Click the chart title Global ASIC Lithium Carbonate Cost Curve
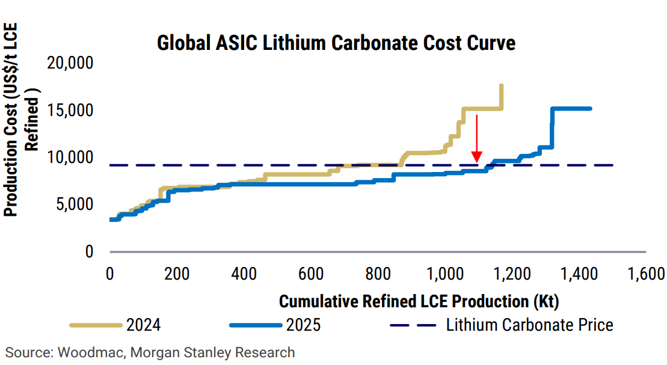(x=336, y=43)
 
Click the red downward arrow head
(x=477, y=158)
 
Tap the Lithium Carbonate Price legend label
(x=529, y=325)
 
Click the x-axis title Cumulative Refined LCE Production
(x=419, y=300)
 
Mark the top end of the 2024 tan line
(x=501, y=86)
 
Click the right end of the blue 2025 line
(x=590, y=108)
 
